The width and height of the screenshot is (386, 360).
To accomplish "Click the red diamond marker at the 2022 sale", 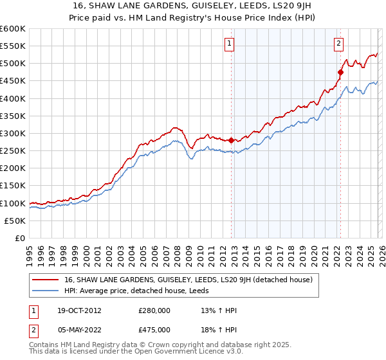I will (x=340, y=72).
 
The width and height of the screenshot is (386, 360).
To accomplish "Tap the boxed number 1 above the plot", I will (x=230, y=44).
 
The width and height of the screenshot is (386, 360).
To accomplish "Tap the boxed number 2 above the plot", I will (x=338, y=44).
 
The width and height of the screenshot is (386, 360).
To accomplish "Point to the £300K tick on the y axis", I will (x=12, y=133).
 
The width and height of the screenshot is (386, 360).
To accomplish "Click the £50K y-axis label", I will (x=15, y=221).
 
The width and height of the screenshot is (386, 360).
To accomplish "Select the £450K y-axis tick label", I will (x=12, y=81).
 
